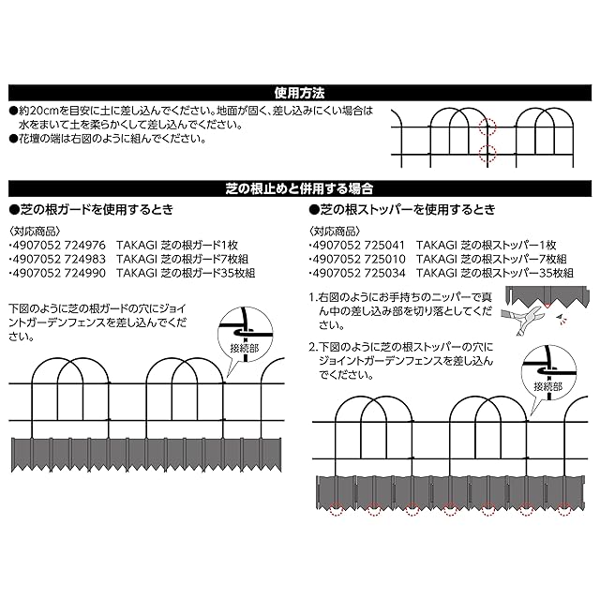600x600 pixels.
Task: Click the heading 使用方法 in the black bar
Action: click(x=299, y=94)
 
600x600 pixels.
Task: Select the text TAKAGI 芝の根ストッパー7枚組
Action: click(x=491, y=259)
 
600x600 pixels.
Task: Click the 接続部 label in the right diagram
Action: click(x=547, y=384)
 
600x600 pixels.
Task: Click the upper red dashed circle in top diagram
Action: click(x=486, y=126)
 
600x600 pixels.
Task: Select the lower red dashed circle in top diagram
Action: click(x=486, y=153)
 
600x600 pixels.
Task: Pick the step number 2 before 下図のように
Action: click(x=312, y=346)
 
